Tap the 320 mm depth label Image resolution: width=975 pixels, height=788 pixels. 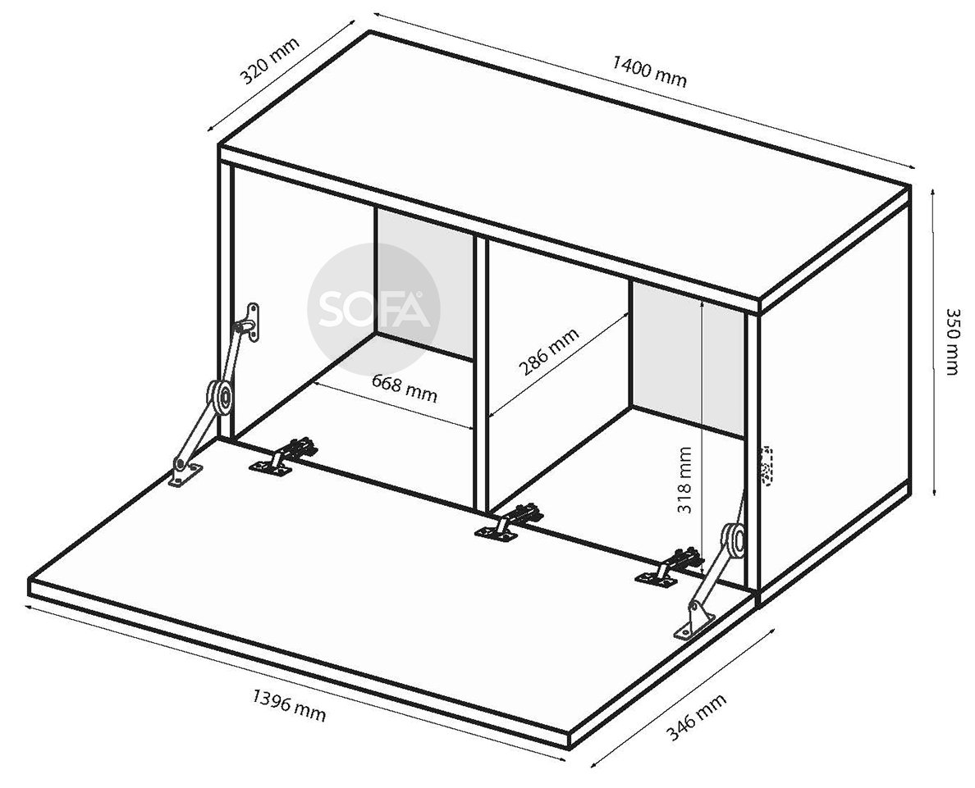(270, 61)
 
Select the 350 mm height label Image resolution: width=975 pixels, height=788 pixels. (952, 341)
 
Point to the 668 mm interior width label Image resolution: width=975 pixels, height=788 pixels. (405, 388)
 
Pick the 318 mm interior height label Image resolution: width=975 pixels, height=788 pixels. (684, 480)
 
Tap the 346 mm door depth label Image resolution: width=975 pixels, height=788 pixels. (696, 717)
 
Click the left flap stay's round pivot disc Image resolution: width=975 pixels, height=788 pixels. (220, 397)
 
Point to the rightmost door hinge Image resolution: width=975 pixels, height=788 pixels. (671, 567)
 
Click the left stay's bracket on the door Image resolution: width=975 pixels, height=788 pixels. (186, 472)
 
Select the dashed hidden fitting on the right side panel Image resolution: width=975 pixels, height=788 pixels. (767, 465)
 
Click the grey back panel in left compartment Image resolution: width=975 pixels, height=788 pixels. (424, 284)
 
